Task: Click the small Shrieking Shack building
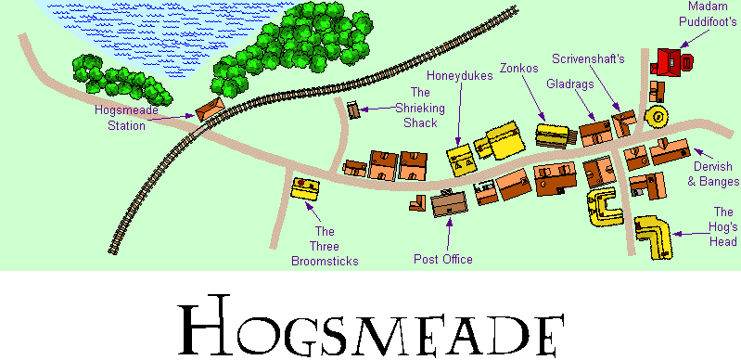353,109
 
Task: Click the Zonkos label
516,68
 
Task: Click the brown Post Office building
450,203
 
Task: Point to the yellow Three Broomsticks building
304,190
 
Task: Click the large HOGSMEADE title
371,323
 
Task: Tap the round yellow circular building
658,117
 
